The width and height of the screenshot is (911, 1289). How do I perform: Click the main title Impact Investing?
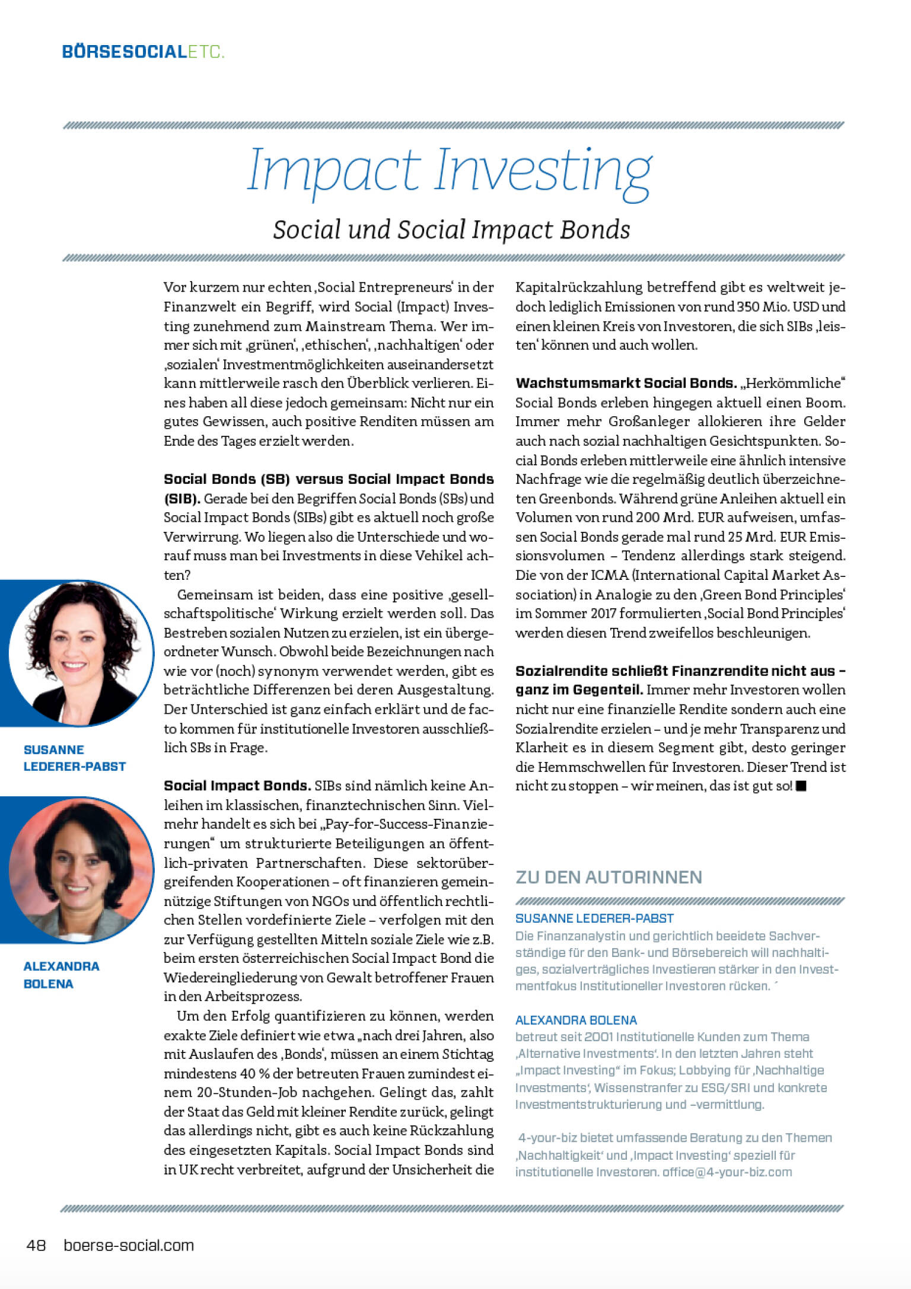tap(450, 171)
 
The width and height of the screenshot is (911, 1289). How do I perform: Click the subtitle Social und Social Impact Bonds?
tap(451, 230)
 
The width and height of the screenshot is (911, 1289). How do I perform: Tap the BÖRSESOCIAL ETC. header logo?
tap(143, 52)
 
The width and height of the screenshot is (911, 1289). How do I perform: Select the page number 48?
tap(36, 1245)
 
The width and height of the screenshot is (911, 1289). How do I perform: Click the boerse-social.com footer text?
tap(129, 1245)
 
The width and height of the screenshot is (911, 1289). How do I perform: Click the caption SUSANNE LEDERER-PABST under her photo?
tap(74, 758)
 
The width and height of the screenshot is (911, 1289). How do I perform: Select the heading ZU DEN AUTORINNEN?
tap(609, 877)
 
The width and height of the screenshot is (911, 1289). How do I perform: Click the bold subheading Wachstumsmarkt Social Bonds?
tap(626, 383)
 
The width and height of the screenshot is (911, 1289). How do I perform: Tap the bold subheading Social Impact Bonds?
tap(237, 786)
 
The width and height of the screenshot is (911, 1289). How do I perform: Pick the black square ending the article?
tap(801, 786)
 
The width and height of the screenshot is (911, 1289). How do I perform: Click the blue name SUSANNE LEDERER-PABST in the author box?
tap(594, 918)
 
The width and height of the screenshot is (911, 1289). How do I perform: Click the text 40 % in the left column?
tap(247, 1074)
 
